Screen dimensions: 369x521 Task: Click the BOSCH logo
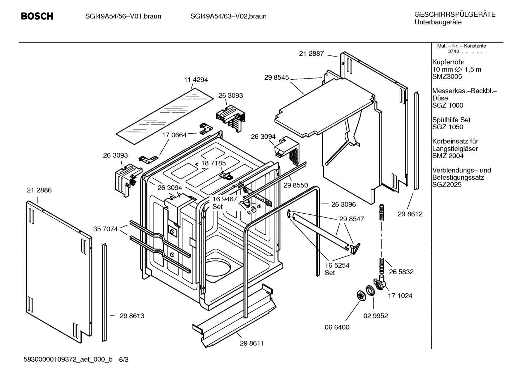(x=37, y=16)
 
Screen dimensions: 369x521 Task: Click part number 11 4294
(x=196, y=80)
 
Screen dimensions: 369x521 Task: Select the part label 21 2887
(x=311, y=54)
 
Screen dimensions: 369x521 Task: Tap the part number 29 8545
(x=276, y=77)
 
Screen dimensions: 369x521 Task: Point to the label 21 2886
(x=39, y=190)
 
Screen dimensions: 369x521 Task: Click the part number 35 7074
(x=106, y=229)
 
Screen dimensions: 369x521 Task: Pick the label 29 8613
(x=132, y=316)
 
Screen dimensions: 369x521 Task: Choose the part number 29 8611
(x=251, y=343)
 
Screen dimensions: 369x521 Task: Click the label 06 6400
(x=337, y=327)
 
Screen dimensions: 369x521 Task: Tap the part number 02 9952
(x=375, y=316)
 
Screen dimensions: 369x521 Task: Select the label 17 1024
(x=400, y=295)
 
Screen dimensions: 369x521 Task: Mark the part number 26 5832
(x=401, y=272)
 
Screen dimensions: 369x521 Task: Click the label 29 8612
(x=410, y=214)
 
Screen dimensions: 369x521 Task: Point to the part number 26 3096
(x=343, y=204)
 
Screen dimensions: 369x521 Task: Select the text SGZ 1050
(x=448, y=127)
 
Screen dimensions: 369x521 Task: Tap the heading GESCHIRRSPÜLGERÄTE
(x=455, y=14)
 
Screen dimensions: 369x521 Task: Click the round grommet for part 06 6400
(x=360, y=295)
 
